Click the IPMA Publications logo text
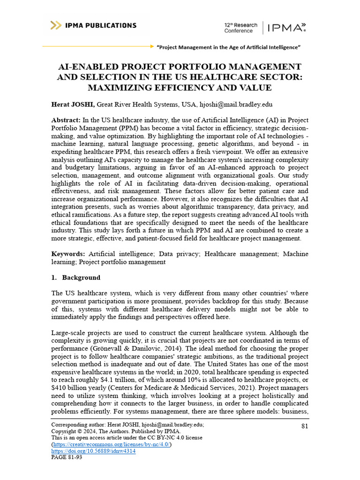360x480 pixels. tap(101, 25)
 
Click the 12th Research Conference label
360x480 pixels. tap(241, 28)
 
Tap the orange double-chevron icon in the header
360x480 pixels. tap(56, 25)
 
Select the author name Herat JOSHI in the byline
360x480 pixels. tap(73, 105)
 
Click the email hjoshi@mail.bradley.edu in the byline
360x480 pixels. tap(237, 105)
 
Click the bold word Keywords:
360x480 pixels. tap(68, 254)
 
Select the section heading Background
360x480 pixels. tap(81, 277)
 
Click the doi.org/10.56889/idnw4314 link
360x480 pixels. tap(93, 451)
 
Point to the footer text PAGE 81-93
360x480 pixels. tap(67, 457)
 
